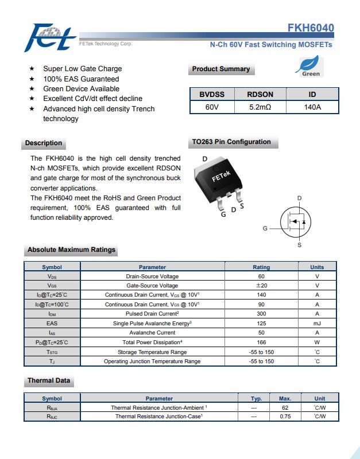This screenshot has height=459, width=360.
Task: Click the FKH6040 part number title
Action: coord(311,28)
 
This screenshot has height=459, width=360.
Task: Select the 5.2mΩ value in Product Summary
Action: coord(260,107)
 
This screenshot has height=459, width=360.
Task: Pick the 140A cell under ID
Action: coord(312,107)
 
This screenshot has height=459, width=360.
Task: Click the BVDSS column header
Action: coord(212,95)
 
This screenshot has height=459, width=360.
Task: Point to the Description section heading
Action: coord(44,143)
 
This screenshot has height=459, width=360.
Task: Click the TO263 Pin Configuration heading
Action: coord(231,142)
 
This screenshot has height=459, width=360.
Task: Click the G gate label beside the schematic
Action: coord(265,228)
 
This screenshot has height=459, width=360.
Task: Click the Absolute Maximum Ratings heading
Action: coord(71,250)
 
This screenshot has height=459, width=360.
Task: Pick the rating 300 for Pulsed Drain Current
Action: coord(261,314)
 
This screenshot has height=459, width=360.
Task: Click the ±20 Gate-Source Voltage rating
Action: coord(261,285)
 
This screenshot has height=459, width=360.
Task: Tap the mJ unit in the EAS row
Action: coord(317,324)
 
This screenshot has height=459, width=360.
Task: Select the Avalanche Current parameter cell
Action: coord(152,333)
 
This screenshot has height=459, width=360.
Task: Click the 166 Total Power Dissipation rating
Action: coord(261,343)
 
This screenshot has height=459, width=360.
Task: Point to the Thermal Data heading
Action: coord(49,380)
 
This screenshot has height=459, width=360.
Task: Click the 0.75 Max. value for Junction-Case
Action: coord(285,417)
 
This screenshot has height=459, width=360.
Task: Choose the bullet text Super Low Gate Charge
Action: coord(83,69)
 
